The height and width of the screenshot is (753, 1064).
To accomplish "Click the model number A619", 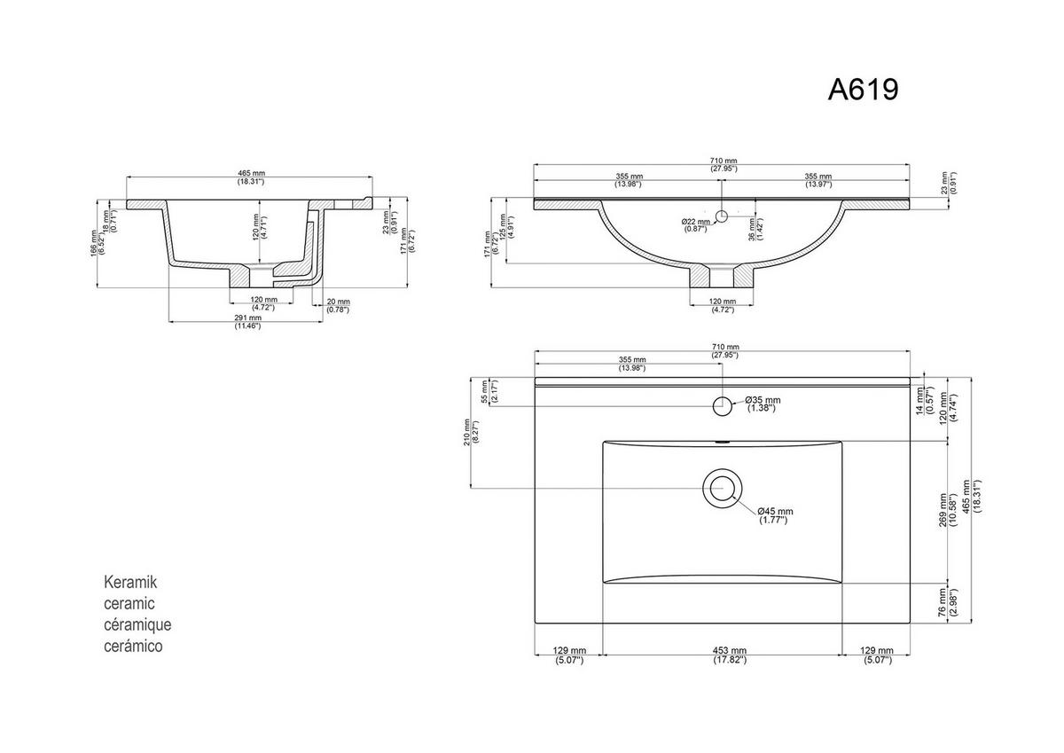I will tap(863, 89).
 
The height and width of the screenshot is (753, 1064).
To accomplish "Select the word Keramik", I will tap(130, 583).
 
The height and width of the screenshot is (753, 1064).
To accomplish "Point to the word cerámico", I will tap(134, 647).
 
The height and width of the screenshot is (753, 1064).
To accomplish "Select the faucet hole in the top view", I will tap(722, 406).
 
